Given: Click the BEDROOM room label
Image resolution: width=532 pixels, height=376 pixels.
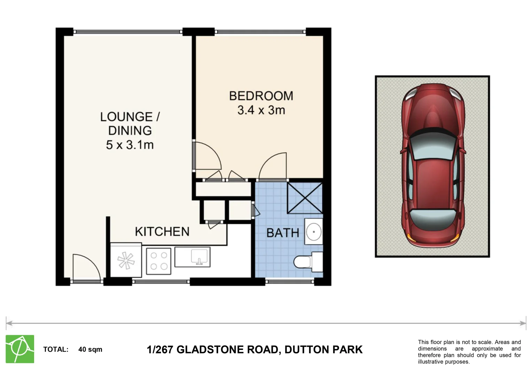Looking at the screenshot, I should tap(261, 96).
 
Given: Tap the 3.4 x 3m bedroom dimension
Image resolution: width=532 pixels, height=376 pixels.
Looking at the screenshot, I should tap(261, 110).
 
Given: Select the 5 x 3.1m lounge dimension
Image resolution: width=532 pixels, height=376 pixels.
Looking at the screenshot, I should tap(130, 144).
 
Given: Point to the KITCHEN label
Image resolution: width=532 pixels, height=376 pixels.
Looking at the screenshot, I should tap(162, 232).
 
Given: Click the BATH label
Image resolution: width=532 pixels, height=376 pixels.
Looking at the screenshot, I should tap(283, 233).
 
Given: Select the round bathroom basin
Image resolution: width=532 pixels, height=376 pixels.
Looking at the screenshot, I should tap(314, 232).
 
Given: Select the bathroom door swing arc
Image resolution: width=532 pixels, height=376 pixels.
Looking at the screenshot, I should tap(273, 166).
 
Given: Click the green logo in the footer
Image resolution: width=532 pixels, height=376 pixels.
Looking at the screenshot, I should tap(20, 349).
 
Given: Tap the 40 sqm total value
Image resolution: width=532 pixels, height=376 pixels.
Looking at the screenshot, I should tap(90, 349).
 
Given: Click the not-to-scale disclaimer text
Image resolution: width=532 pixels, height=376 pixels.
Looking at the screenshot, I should tap(469, 352).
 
